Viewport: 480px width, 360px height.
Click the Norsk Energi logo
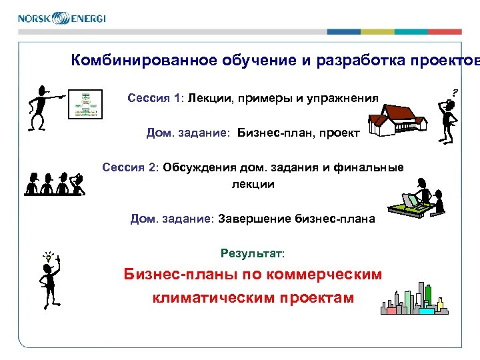(61, 18)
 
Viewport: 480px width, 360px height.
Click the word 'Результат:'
(252, 254)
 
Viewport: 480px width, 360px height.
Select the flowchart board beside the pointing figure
(86, 104)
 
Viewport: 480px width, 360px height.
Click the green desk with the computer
(412, 207)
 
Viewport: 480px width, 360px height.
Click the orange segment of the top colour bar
(445, 31)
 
